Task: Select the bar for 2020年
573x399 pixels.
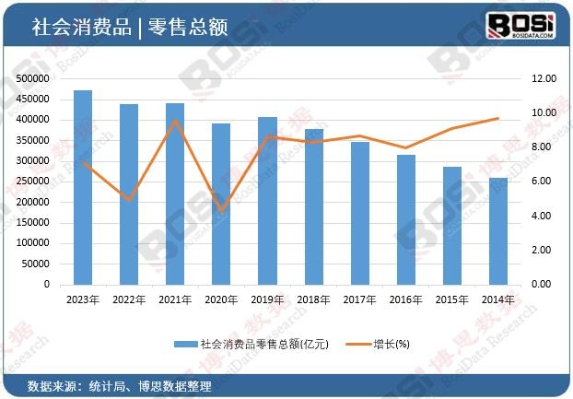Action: coord(221,204)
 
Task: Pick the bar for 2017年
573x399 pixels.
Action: coord(359,213)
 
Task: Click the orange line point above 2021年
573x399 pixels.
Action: coord(175,121)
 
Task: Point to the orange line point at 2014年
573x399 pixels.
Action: coord(498,118)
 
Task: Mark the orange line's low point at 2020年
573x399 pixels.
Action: coord(221,211)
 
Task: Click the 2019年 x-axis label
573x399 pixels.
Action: coord(267,299)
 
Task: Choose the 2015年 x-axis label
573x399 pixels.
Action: coord(452,299)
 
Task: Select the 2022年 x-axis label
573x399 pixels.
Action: coord(129,299)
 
